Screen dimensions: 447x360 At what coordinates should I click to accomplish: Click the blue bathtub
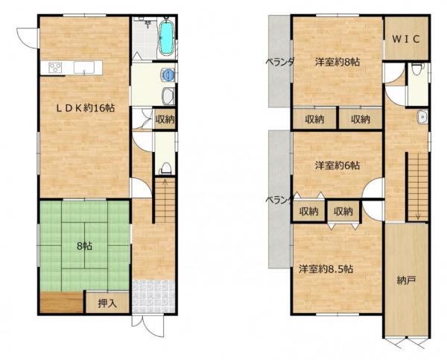pyautogui.click(x=166, y=38)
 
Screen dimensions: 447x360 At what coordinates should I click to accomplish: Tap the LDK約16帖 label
pyautogui.click(x=85, y=108)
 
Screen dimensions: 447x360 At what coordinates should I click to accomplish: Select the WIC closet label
pyautogui.click(x=406, y=39)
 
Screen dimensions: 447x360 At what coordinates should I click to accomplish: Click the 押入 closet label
pyautogui.click(x=107, y=303)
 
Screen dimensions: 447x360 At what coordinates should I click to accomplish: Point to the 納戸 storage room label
pyautogui.click(x=406, y=281)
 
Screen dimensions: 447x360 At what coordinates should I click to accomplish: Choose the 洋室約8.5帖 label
pyautogui.click(x=326, y=269)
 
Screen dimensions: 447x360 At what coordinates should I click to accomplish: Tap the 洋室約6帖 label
pyautogui.click(x=337, y=165)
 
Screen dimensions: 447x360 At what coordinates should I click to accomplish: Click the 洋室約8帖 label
pyautogui.click(x=337, y=62)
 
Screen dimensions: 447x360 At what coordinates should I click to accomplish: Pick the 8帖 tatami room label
pyautogui.click(x=84, y=246)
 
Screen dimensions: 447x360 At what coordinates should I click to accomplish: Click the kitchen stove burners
pyautogui.click(x=55, y=68)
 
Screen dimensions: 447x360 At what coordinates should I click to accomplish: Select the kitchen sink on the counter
pyautogui.click(x=83, y=68)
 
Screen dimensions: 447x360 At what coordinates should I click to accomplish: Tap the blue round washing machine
pyautogui.click(x=168, y=75)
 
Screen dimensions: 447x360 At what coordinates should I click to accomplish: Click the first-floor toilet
pyautogui.click(x=165, y=168)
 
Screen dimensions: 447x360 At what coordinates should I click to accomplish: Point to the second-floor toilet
pyautogui.click(x=416, y=69)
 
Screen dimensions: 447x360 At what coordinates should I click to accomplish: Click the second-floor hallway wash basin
pyautogui.click(x=422, y=117)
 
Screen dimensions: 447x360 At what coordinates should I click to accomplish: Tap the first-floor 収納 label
pyautogui.click(x=165, y=119)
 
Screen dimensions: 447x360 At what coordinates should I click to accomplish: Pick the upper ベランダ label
pyautogui.click(x=279, y=62)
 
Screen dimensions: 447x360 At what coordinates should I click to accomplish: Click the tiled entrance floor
pyautogui.click(x=153, y=297)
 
